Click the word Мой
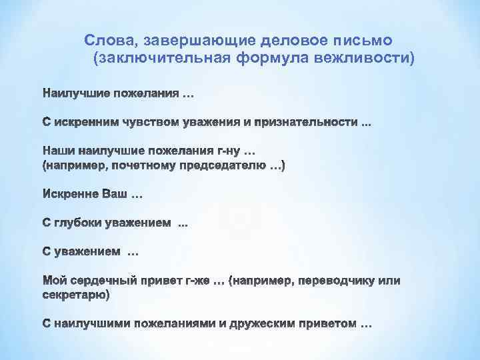tap(55, 281)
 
